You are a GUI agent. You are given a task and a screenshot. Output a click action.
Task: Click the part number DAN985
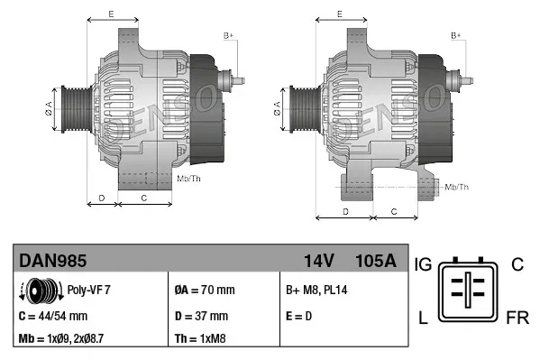click(x=53, y=262)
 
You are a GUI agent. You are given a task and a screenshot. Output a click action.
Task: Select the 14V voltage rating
click(x=318, y=262)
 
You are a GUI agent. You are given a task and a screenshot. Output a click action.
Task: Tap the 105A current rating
click(x=376, y=262)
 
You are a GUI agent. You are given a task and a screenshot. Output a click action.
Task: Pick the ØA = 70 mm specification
click(x=205, y=291)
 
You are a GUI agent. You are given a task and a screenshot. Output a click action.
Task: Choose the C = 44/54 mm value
click(x=53, y=316)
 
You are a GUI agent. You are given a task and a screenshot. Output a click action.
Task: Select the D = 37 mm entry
click(x=201, y=316)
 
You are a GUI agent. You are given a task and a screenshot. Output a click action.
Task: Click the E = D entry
click(x=300, y=316)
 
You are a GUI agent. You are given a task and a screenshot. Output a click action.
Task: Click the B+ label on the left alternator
click(x=228, y=35)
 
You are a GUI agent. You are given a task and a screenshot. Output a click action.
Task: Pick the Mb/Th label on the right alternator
click(x=456, y=187)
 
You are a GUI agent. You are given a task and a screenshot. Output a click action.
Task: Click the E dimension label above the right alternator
click(x=339, y=14)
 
